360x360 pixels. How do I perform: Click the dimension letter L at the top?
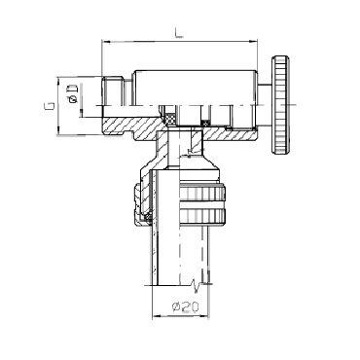tap(179, 33)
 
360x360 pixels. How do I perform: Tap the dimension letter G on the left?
tap(50, 106)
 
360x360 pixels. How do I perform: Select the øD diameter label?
tap(72, 93)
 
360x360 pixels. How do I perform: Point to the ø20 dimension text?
tap(185, 306)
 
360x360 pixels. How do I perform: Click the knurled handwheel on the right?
tap(280, 105)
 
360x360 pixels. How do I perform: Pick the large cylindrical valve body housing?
tap(196, 88)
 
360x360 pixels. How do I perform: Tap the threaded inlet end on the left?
tap(113, 90)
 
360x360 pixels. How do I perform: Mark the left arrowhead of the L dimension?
tap(105, 42)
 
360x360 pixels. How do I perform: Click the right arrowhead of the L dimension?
tap(254, 42)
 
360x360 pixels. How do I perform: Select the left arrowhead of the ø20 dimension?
tap(156, 315)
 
